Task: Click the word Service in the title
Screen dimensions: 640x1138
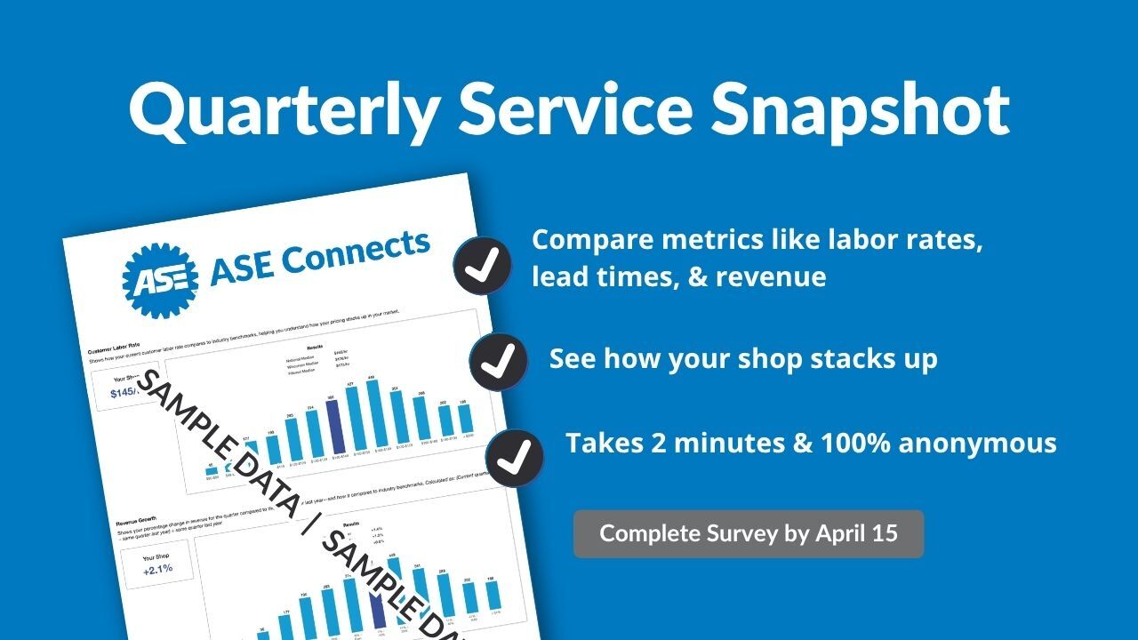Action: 573,108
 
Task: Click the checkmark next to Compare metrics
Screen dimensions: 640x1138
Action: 482,265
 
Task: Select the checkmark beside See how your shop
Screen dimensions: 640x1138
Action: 498,361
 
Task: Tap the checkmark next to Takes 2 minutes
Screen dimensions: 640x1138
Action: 515,457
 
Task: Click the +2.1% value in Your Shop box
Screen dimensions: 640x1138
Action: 157,568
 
